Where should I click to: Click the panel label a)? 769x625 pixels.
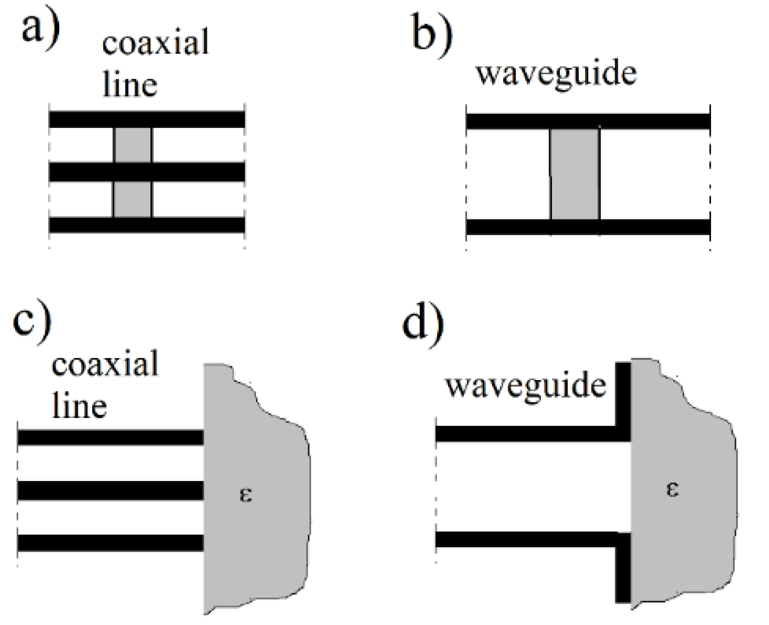tap(40, 29)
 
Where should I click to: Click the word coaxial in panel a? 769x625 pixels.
tap(155, 44)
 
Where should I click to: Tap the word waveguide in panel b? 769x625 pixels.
tap(556, 74)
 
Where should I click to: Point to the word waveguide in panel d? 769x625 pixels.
tap(525, 385)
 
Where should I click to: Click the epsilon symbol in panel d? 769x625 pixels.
tap(672, 490)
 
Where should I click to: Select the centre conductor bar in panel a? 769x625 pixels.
tap(146, 172)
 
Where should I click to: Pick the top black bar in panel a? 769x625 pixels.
tap(146, 120)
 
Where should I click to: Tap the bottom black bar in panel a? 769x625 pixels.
tap(146, 225)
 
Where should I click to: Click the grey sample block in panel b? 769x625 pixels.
tap(575, 174)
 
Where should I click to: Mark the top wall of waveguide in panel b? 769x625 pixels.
tap(587, 121)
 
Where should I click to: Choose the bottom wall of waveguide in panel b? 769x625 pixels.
tap(587, 227)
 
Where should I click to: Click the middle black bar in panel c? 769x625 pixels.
tap(110, 491)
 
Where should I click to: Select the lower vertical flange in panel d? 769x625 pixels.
tap(623, 569)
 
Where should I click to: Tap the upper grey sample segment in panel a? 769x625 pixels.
tap(133, 146)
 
